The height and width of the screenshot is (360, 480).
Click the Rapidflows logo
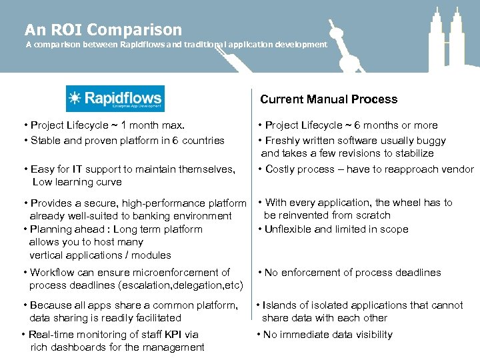click(115, 99)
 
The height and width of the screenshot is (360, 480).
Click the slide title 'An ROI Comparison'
click(103, 30)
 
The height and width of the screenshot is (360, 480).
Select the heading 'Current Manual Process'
click(329, 99)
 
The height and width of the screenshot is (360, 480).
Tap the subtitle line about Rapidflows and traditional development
click(176, 45)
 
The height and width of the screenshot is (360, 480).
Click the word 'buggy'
click(430, 141)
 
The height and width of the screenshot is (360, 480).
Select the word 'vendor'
click(458, 169)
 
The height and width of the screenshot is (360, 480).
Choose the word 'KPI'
click(176, 335)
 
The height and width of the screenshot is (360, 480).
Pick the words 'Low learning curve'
click(77, 182)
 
